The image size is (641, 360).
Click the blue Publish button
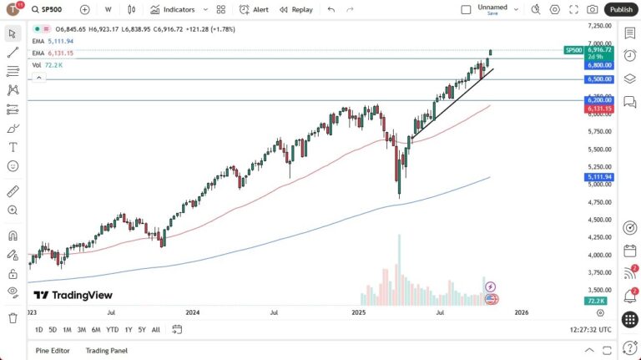point(620,9)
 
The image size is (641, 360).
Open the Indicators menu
point(173,9)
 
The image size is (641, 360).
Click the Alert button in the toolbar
point(255,9)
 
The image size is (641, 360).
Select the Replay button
point(296,9)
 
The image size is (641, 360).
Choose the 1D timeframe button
point(39,329)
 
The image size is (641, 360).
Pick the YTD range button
point(113,329)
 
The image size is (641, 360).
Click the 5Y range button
point(142,329)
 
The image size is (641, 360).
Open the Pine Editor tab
point(53,350)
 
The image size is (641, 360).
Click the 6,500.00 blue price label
point(600,79)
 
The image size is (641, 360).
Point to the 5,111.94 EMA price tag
point(600,177)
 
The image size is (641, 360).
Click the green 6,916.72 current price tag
point(600,50)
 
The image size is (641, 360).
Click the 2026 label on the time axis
point(521,312)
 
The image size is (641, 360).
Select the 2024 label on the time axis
point(193,312)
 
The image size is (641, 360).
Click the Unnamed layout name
point(492,7)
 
